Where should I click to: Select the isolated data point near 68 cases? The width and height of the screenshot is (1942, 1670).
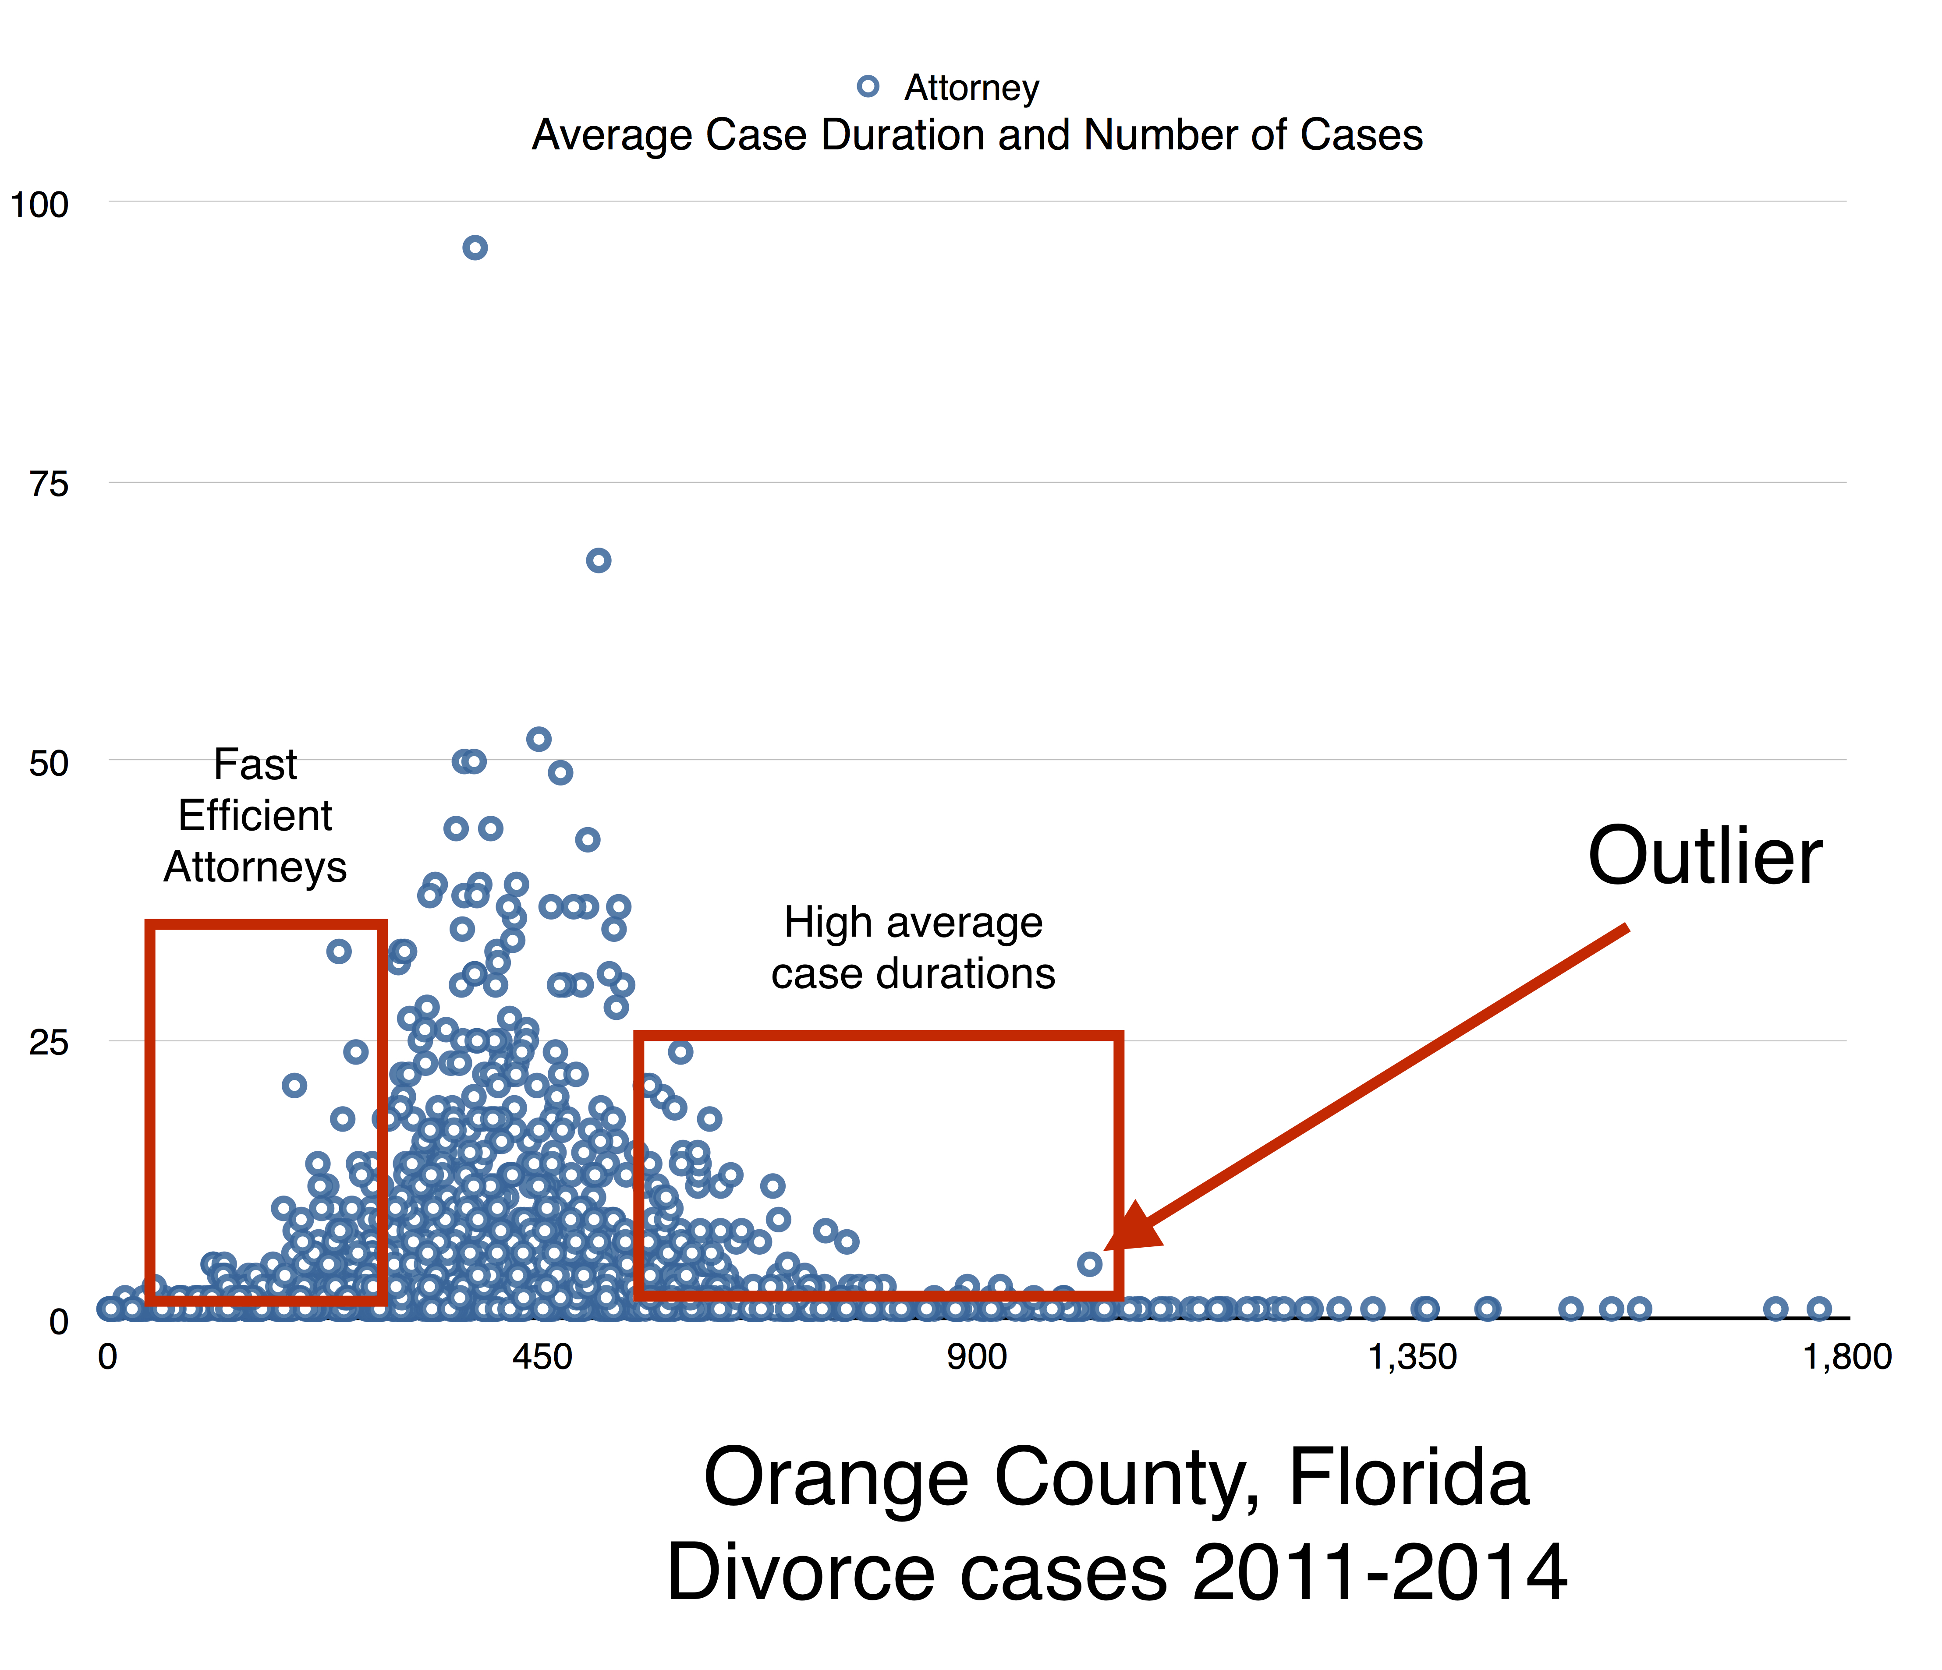(x=598, y=560)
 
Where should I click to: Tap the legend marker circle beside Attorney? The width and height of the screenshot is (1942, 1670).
(x=868, y=86)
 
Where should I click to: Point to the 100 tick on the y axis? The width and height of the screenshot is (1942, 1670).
(x=39, y=204)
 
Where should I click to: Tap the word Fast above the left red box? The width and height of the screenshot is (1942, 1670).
(x=255, y=765)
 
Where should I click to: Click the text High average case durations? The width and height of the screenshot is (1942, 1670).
(x=913, y=948)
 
